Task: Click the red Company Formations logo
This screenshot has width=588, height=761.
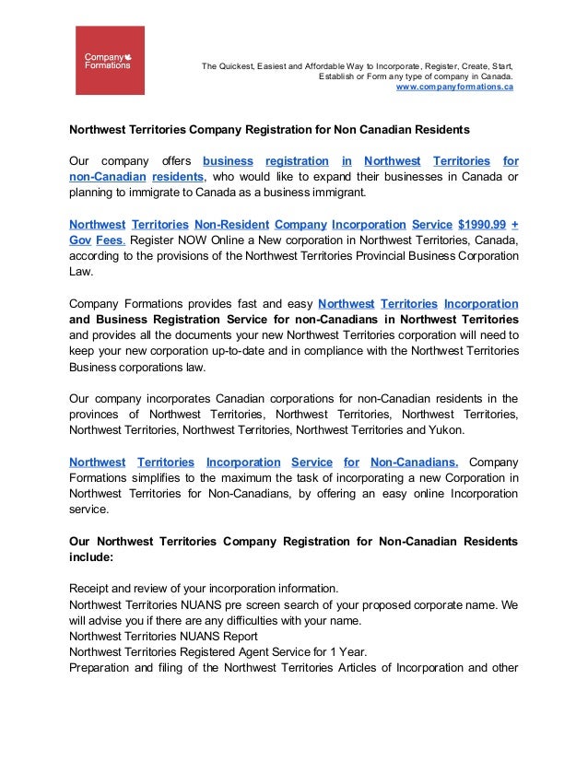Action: pyautogui.click(x=109, y=61)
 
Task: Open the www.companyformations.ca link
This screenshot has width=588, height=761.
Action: pyautogui.click(x=454, y=87)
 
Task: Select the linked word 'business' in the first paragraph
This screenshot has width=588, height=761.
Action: pyautogui.click(x=228, y=161)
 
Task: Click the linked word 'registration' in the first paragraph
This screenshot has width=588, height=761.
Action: pyautogui.click(x=296, y=161)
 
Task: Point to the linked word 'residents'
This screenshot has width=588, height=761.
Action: pyautogui.click(x=178, y=177)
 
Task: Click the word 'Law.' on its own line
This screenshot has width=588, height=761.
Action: pyautogui.click(x=81, y=272)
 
